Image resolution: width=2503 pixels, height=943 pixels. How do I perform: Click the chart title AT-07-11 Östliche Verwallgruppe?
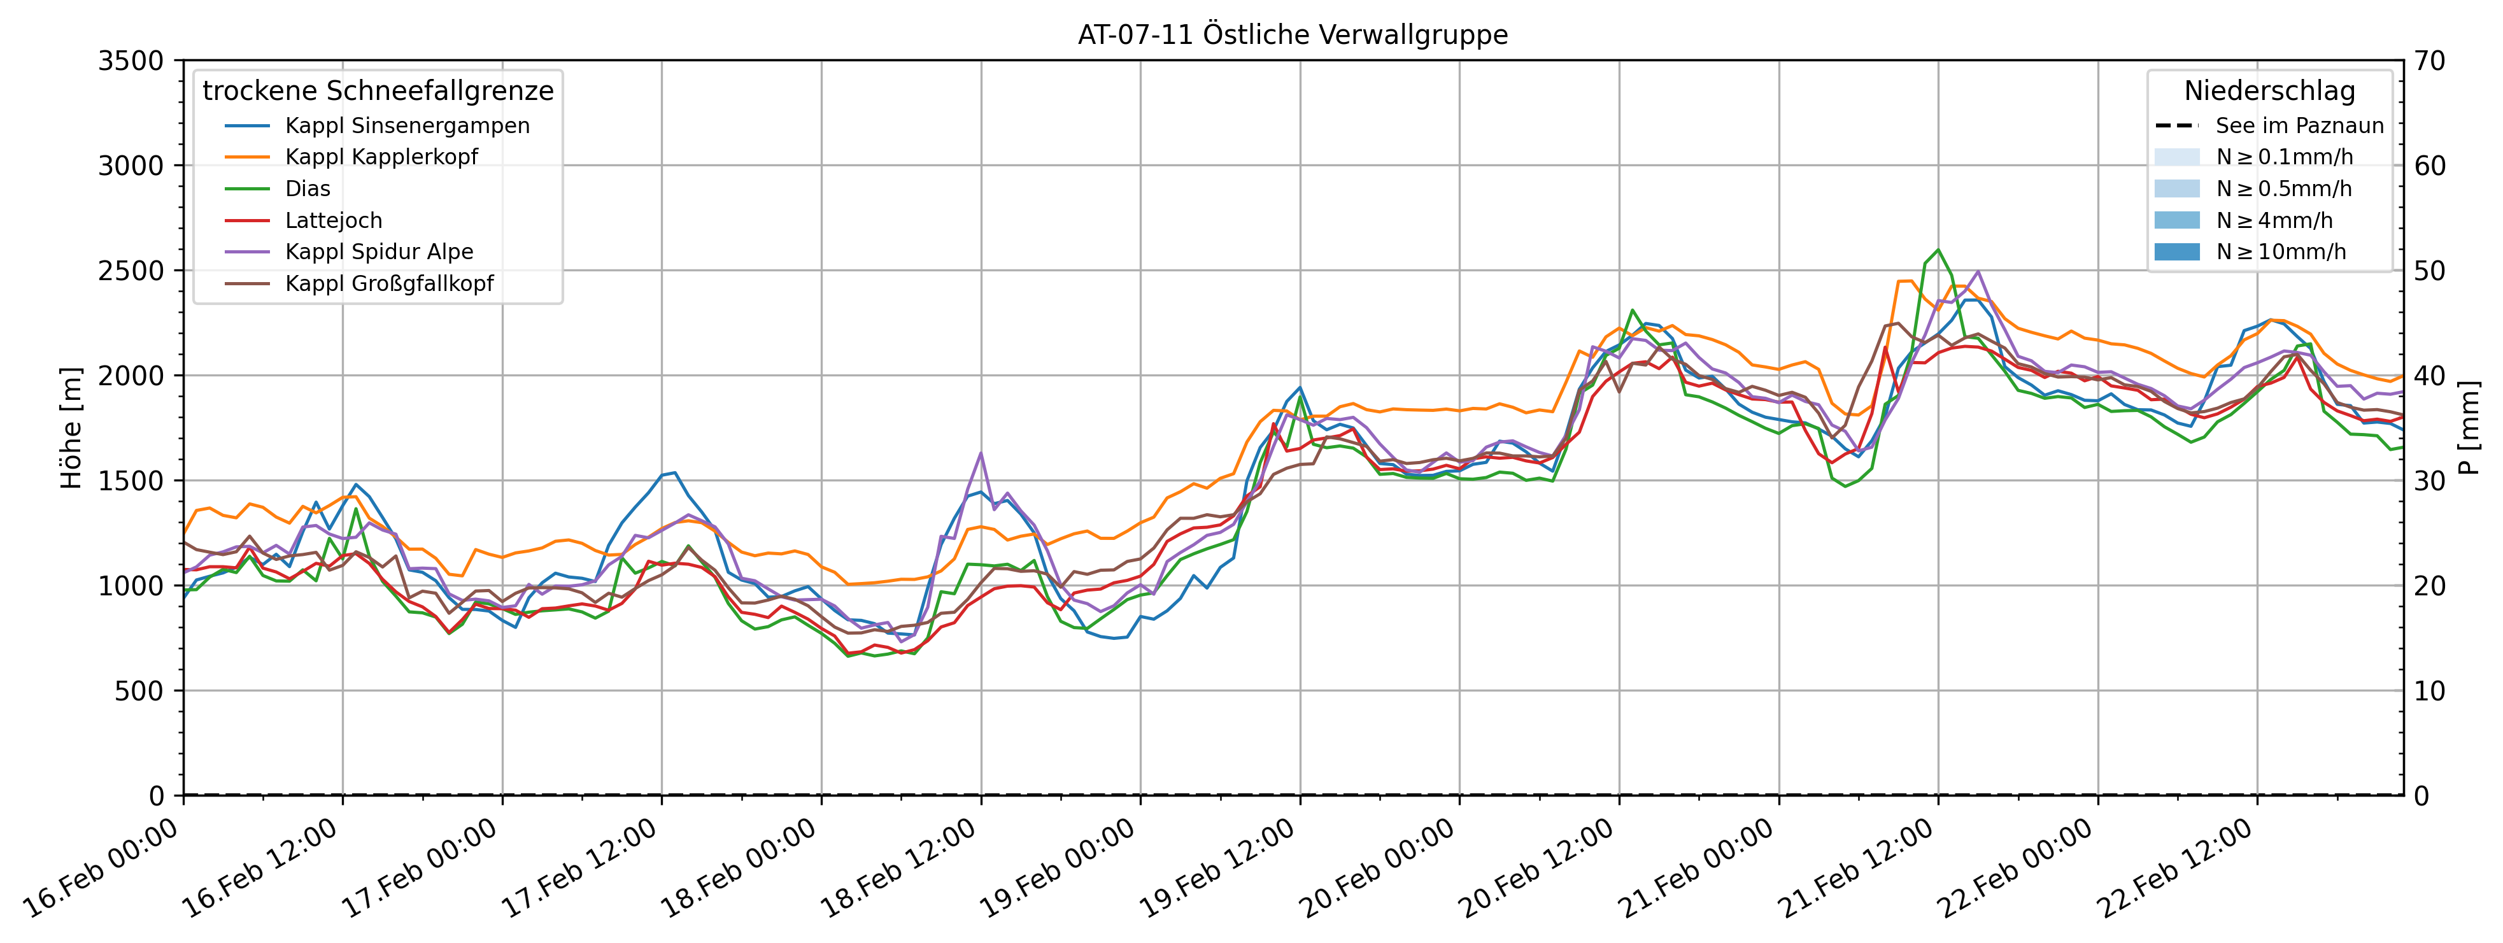tap(1293, 35)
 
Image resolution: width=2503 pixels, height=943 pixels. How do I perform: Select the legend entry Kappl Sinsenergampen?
tap(407, 125)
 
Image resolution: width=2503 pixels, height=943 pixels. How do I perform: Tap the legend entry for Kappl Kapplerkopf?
tap(381, 157)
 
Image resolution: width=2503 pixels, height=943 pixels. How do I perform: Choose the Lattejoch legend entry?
tap(333, 220)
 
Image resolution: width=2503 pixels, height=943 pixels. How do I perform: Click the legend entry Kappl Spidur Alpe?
tap(379, 252)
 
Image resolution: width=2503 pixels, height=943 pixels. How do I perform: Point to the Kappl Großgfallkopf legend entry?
tap(388, 283)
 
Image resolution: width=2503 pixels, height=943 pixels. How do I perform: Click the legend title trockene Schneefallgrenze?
tap(378, 91)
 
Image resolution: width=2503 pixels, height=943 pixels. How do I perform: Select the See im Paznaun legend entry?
tap(2299, 125)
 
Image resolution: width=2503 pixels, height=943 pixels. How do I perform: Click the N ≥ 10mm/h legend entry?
tap(2281, 252)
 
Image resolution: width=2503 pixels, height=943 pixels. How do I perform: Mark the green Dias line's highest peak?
tap(1938, 251)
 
